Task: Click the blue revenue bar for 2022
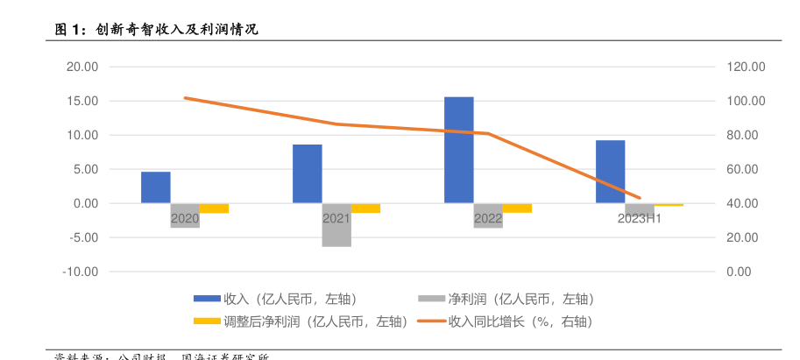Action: coord(458,150)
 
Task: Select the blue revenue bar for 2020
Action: coord(156,187)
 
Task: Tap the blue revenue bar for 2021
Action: coord(307,173)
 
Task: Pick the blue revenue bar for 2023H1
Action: coord(610,172)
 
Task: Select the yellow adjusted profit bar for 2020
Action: coord(214,208)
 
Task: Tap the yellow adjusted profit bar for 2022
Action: coord(517,208)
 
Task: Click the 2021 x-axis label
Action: coord(336,218)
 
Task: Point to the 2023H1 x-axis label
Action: coord(639,218)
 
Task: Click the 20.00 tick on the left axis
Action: coord(81,67)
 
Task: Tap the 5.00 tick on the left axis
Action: coord(83,169)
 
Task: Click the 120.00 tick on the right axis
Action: coord(747,67)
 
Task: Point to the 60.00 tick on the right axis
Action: coord(747,169)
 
